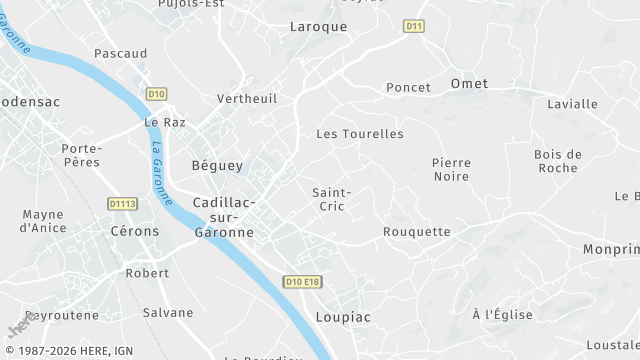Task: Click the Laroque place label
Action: (318, 27)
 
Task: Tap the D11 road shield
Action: (414, 26)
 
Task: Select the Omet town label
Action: (469, 84)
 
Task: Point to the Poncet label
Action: (408, 88)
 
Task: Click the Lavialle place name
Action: (573, 104)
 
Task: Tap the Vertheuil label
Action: (247, 99)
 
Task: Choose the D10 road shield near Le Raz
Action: (155, 94)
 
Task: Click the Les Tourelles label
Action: (360, 134)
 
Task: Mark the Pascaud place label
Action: (120, 53)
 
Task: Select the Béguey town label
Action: (217, 166)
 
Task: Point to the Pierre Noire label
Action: (451, 169)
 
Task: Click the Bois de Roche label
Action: (558, 161)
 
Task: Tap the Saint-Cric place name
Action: (331, 198)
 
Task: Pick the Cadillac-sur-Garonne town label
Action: (223, 216)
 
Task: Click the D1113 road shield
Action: (122, 204)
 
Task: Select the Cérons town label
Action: (135, 231)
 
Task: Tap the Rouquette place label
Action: (417, 232)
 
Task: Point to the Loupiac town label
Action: (343, 317)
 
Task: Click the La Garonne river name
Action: (159, 164)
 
